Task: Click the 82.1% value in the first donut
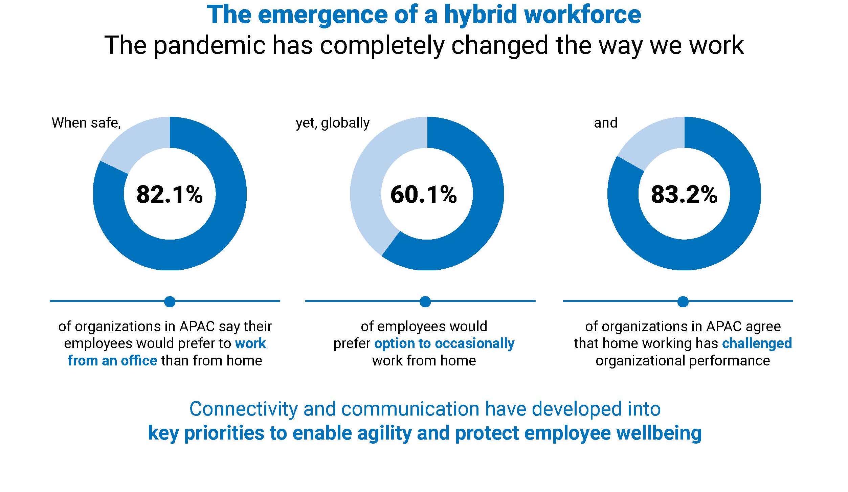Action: coord(170,195)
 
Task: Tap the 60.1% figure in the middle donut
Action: coord(424,195)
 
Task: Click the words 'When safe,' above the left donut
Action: coord(86,123)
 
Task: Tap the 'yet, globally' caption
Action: coord(333,123)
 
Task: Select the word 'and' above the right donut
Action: coord(606,123)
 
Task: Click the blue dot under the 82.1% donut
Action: coord(170,301)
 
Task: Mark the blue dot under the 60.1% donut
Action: coord(425,301)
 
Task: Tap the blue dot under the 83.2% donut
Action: coord(683,301)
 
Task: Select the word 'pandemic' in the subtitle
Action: coord(210,45)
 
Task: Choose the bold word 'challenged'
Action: coord(757,343)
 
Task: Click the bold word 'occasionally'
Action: coord(474,344)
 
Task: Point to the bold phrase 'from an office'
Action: coord(112,361)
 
